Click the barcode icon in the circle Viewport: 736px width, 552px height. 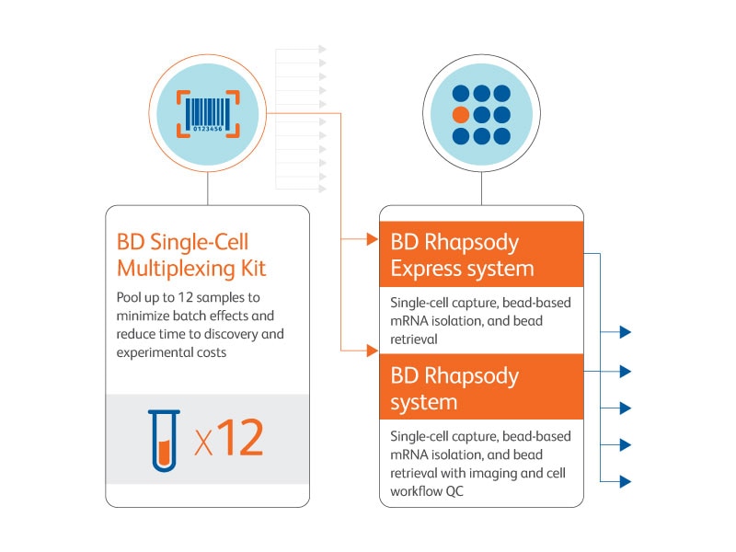point(207,113)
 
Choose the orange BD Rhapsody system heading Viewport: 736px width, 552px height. point(454,388)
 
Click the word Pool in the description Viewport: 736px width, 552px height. point(130,297)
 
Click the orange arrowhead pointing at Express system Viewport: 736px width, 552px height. point(372,241)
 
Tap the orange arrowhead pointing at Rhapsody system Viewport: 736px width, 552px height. point(372,350)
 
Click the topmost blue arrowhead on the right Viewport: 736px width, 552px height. point(625,333)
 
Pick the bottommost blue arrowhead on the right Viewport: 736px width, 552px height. point(625,481)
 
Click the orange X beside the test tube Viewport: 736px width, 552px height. point(203,443)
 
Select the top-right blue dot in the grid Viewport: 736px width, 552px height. point(502,94)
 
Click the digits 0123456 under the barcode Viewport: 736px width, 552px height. point(207,129)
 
